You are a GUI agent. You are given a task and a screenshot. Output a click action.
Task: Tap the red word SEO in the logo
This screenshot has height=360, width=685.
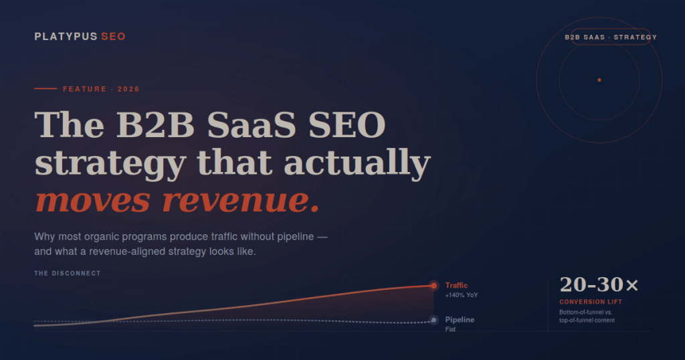point(113,36)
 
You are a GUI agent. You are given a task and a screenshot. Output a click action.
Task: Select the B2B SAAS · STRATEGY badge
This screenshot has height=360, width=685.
point(611,37)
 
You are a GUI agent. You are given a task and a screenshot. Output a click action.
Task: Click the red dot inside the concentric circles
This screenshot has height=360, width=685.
point(599,80)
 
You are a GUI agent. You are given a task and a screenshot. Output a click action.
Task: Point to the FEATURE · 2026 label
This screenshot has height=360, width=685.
point(101,89)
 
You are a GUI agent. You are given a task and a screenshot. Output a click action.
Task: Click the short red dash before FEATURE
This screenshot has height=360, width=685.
point(45,89)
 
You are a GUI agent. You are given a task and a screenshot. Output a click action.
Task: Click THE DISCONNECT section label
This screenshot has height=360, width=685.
point(68,274)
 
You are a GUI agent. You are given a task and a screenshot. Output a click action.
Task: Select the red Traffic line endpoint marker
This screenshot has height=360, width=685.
point(433,286)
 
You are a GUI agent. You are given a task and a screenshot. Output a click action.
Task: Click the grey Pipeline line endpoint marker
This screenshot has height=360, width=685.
point(433,321)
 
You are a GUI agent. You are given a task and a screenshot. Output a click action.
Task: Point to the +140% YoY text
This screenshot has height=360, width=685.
point(462,295)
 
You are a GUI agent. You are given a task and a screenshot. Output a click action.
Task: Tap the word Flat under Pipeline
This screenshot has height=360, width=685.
point(451,329)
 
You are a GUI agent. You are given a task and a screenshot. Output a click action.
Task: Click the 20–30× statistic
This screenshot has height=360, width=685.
point(599,284)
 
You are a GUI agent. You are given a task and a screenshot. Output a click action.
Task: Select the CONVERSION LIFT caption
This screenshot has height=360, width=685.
point(591,302)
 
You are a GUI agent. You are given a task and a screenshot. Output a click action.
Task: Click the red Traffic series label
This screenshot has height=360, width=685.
point(457,286)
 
